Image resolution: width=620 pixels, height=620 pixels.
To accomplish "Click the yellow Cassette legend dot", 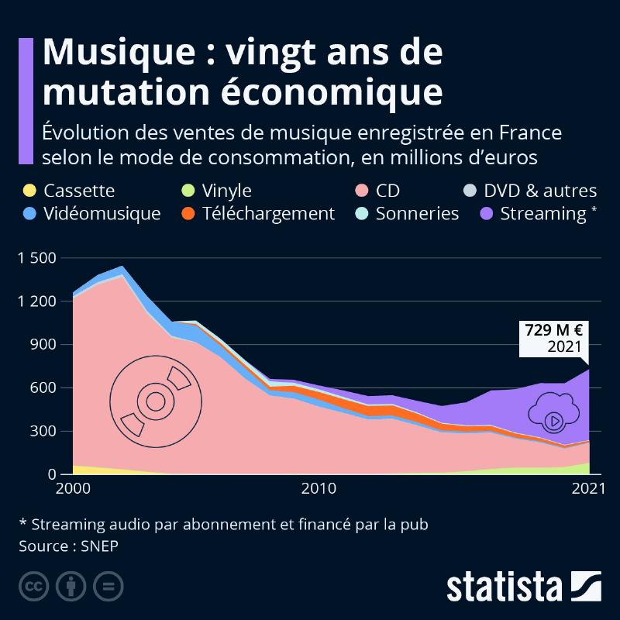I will click(29, 191).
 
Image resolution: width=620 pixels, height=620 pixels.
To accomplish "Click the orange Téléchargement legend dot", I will click(188, 213).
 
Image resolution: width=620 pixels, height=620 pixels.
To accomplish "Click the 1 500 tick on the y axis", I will click(36, 258).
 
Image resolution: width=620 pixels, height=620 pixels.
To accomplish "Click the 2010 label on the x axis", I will click(318, 489).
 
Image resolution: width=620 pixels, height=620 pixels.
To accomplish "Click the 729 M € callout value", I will click(554, 329).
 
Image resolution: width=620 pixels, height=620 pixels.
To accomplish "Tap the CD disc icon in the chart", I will click(154, 401).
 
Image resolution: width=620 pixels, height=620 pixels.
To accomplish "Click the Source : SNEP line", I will click(70, 546).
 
